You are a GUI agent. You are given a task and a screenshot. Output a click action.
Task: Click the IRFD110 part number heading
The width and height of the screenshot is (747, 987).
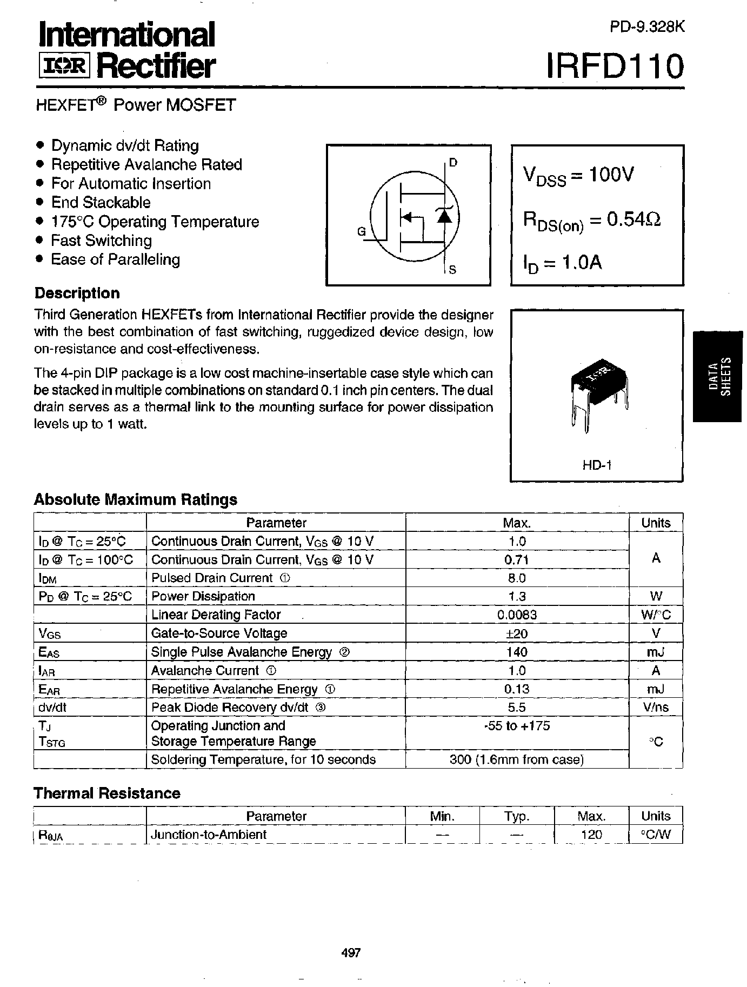pyautogui.click(x=616, y=66)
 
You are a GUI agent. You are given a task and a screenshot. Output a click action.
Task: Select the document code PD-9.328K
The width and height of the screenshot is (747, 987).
pyautogui.click(x=647, y=28)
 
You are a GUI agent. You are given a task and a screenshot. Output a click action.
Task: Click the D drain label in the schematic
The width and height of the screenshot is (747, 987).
pyautogui.click(x=453, y=162)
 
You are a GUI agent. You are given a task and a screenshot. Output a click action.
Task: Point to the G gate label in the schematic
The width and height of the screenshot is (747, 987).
pyautogui.click(x=361, y=232)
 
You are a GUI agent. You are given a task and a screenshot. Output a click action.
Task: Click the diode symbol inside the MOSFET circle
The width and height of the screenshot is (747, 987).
pyautogui.click(x=444, y=216)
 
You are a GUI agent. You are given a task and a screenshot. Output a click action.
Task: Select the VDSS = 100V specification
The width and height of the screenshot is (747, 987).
pyautogui.click(x=578, y=176)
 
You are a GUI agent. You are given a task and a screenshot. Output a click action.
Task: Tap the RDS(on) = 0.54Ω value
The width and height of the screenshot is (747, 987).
pyautogui.click(x=591, y=220)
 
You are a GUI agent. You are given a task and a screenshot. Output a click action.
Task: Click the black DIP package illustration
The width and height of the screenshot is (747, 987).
pyautogui.click(x=599, y=388)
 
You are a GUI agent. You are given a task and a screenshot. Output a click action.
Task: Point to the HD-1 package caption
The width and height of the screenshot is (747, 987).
pyautogui.click(x=597, y=464)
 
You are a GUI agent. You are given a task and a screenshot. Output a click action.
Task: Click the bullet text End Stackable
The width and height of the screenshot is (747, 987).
pyautogui.click(x=101, y=203)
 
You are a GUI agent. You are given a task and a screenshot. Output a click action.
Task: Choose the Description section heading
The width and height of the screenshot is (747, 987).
pyautogui.click(x=77, y=294)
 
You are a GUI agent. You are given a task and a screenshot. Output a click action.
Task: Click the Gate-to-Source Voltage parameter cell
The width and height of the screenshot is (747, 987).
pyautogui.click(x=219, y=633)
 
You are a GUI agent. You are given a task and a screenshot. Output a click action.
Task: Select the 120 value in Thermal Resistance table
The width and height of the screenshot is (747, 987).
pyautogui.click(x=591, y=835)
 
